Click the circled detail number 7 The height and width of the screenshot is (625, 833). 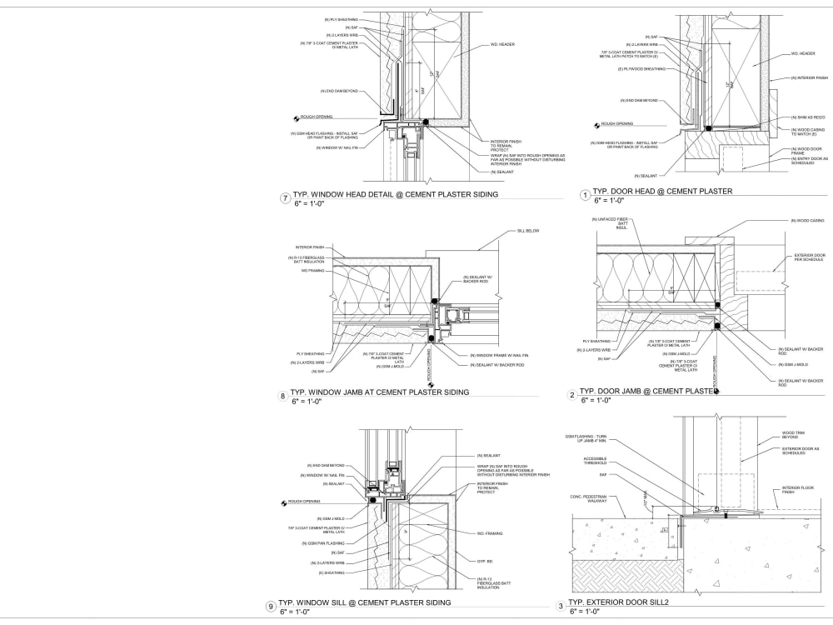[x=285, y=198]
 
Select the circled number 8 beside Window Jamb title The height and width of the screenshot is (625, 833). [x=284, y=396]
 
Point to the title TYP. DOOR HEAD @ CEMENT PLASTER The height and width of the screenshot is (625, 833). [x=663, y=191]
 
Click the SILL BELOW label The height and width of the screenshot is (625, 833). [x=529, y=230]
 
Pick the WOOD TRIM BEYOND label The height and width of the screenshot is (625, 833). [x=792, y=434]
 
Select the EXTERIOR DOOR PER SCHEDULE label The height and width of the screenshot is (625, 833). [x=809, y=257]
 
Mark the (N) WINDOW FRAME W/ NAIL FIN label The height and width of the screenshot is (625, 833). [x=497, y=356]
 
